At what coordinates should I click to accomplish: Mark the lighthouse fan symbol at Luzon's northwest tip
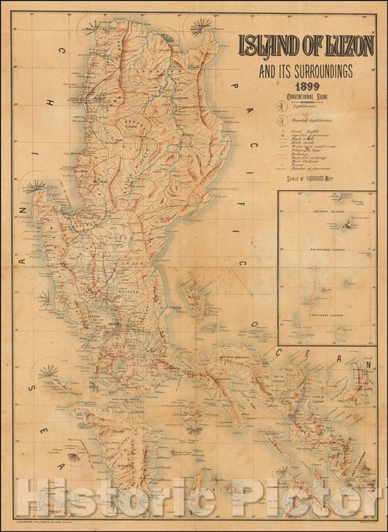click(x=93, y=29)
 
